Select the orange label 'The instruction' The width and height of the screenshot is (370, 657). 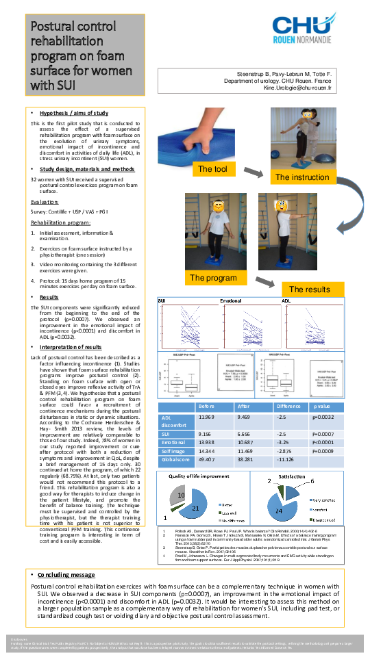302,177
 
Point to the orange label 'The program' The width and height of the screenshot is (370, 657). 213,278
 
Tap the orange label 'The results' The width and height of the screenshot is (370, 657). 310,289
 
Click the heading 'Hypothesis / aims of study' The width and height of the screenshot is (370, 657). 73,112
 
